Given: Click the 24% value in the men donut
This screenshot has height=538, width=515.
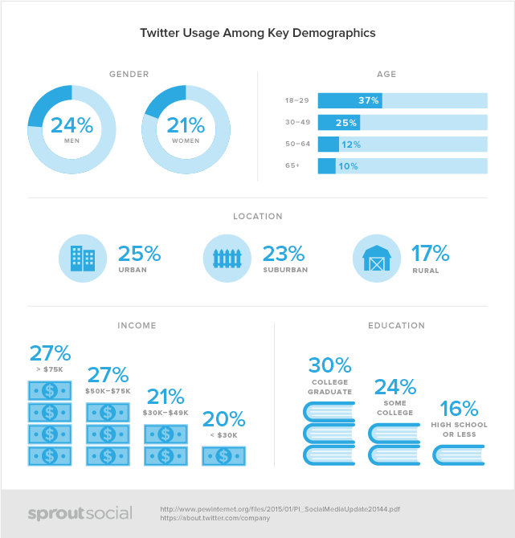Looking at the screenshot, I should [72, 124].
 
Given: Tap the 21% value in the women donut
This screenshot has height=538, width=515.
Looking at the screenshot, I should [186, 124].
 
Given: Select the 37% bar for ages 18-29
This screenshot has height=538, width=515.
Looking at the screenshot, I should [349, 100].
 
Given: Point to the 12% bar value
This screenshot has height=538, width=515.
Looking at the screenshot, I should [350, 145].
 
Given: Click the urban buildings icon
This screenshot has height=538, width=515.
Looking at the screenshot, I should [83, 258].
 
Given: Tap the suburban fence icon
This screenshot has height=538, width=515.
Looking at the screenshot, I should [227, 258].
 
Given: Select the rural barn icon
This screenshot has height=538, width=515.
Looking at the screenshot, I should [377, 258].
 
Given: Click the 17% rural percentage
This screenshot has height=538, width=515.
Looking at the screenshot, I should [430, 254].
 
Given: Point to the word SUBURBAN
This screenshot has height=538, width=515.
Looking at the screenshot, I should [284, 271].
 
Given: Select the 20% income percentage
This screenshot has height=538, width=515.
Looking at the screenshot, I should [223, 419].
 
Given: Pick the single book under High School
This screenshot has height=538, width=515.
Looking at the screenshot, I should [457, 455].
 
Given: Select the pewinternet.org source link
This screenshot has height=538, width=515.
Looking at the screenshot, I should [281, 508].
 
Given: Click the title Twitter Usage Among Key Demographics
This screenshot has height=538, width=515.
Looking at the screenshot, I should [257, 33].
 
